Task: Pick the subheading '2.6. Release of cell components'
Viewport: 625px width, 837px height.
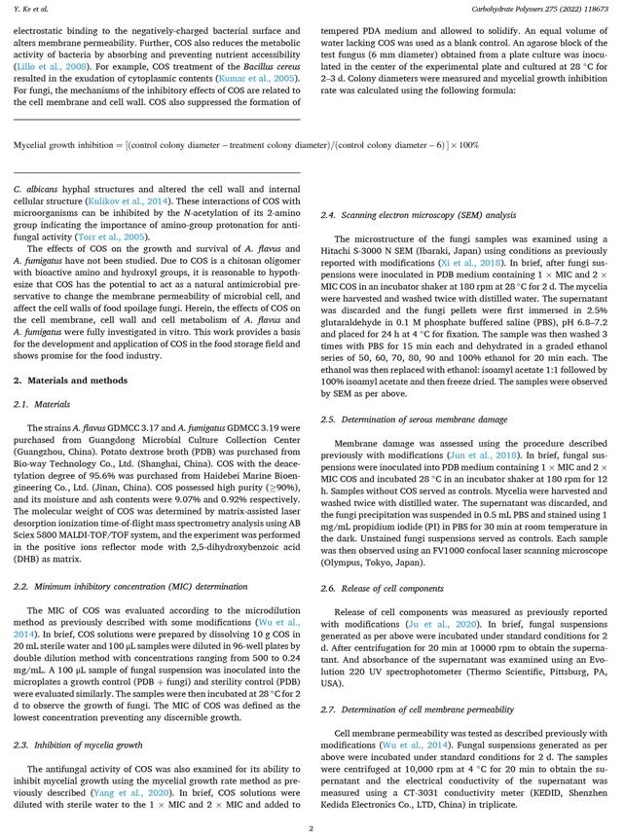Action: [382, 588]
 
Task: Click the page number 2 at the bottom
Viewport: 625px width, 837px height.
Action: [312, 827]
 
